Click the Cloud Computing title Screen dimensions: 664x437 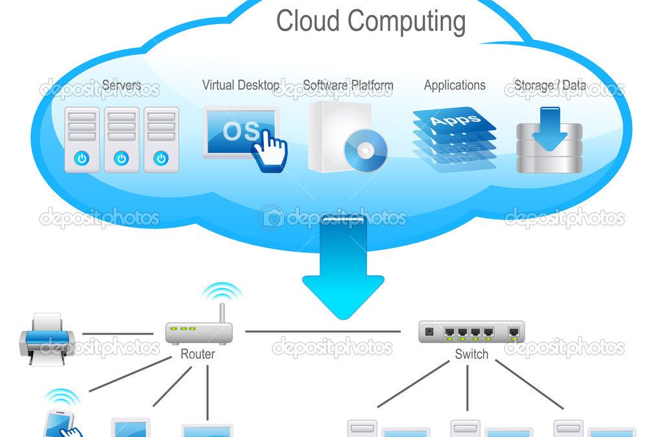tap(371, 21)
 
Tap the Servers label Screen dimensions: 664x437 tap(121, 85)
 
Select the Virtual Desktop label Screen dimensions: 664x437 tap(241, 85)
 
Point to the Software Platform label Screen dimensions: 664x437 tap(348, 85)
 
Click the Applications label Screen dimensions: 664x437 tap(455, 85)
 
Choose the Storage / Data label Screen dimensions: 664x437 tap(550, 85)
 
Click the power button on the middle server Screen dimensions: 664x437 tap(121, 159)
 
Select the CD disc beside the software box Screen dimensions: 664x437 tap(366, 150)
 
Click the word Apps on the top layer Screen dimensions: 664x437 tap(455, 120)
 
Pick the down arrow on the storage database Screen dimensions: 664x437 tap(549, 129)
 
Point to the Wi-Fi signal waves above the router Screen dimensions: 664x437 tap(222, 291)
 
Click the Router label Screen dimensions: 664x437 tap(198, 353)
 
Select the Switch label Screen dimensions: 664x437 tap(471, 353)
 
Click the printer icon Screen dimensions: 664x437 tap(47, 339)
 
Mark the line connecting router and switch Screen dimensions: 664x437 tap(323, 331)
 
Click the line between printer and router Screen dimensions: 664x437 tap(117, 333)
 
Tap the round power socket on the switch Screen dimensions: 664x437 tap(429, 331)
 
